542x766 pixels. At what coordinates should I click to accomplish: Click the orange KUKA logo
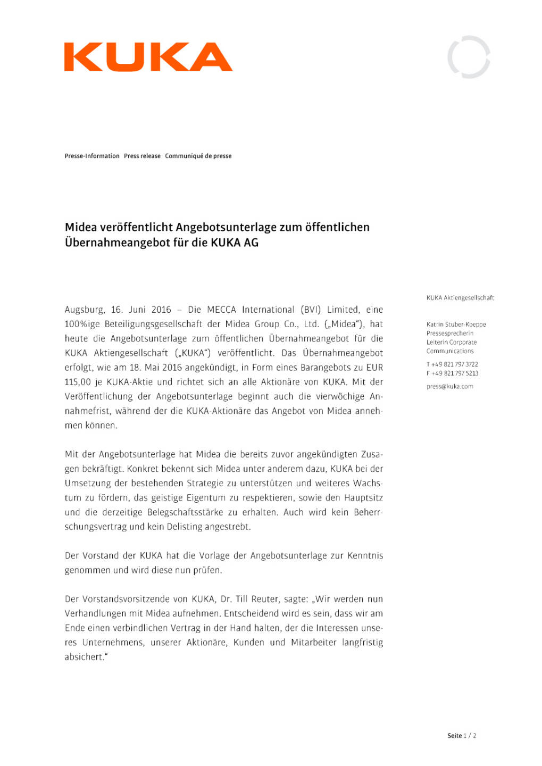coord(148,57)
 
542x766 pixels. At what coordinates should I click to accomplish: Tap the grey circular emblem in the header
coord(469,57)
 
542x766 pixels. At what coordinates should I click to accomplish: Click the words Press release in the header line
coord(142,156)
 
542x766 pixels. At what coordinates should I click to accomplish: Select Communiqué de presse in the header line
coord(198,156)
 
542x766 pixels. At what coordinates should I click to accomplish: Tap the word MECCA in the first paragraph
coord(221,310)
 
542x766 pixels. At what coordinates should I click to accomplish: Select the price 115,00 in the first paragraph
coord(78,382)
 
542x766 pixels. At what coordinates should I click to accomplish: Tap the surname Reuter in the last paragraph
coord(264,599)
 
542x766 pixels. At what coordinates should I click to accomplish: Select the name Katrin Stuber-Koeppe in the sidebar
coord(456,324)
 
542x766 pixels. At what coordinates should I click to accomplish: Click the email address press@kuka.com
coord(449,387)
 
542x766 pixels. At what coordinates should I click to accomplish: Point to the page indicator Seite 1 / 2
coord(461,736)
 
